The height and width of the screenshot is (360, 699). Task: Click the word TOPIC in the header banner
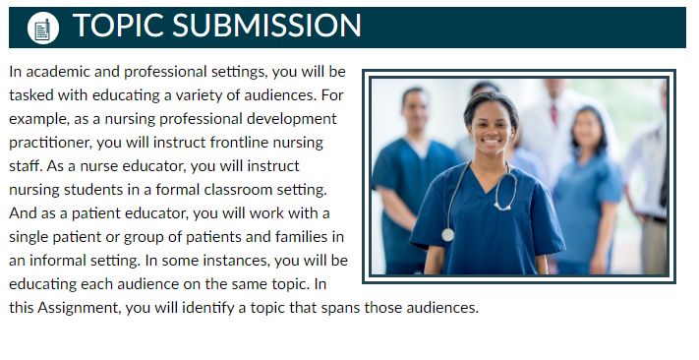(x=118, y=25)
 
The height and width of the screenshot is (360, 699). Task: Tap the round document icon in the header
(x=43, y=28)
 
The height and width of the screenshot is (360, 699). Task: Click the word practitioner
(x=50, y=143)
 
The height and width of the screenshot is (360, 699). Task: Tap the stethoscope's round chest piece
(x=447, y=235)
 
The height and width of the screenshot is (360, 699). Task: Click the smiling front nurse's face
(x=491, y=126)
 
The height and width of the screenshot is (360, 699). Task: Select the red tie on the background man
(x=553, y=114)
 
